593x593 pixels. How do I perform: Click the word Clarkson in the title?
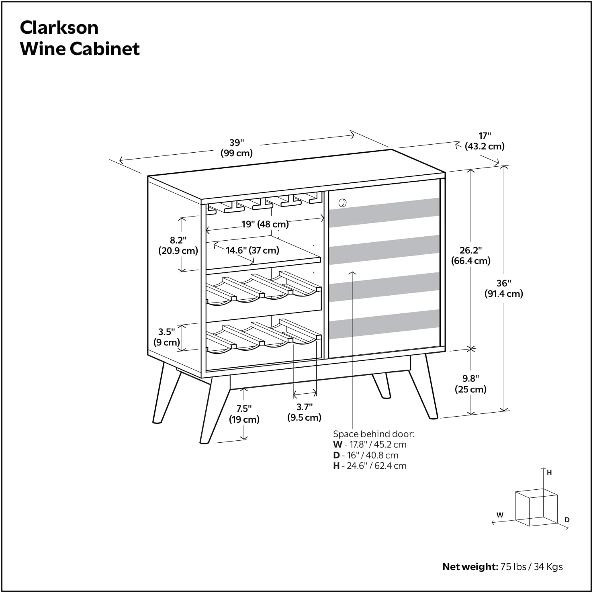59,28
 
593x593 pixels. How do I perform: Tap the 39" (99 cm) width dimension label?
237,148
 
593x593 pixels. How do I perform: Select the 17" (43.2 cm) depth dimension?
485,141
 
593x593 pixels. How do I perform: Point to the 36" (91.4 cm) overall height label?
503,288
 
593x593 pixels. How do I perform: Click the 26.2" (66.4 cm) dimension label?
470,256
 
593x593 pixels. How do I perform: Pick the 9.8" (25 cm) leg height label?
470,384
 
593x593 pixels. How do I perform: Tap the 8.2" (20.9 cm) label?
178,245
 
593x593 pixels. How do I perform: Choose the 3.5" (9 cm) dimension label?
167,337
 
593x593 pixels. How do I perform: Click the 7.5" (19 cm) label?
244,414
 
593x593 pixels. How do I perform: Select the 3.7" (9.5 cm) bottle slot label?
304,412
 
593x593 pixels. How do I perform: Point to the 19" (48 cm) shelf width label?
265,224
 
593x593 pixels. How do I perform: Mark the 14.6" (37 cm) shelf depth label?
252,250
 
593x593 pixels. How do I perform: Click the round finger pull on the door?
342,202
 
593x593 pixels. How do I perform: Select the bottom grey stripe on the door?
384,324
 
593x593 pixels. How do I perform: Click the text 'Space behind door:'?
374,434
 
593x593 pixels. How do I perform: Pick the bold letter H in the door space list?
336,466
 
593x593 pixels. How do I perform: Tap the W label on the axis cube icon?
500,515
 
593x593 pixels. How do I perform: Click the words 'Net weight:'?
470,567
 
